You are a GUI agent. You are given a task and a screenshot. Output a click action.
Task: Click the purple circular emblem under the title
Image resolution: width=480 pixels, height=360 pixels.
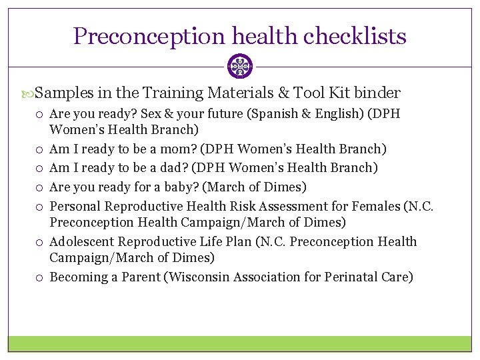tap(240, 67)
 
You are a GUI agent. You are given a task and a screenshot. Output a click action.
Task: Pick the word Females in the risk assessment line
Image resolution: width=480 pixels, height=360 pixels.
tap(378, 206)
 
